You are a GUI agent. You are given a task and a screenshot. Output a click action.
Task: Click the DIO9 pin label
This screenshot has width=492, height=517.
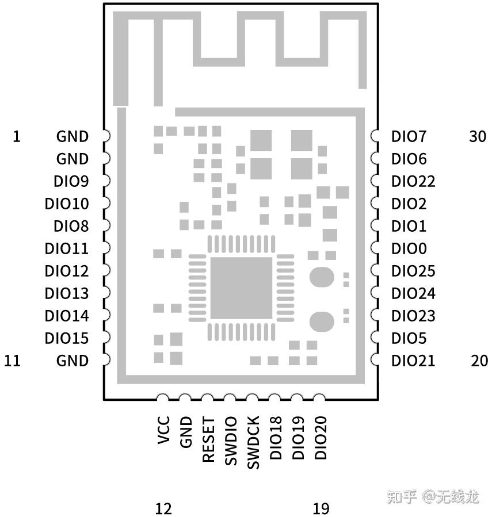[71, 182]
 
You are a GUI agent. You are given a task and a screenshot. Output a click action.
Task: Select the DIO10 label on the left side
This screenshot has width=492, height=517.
[67, 204]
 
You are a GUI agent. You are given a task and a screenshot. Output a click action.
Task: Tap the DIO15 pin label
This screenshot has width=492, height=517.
[67, 339]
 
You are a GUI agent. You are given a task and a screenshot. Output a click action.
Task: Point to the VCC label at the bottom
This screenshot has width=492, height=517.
[163, 431]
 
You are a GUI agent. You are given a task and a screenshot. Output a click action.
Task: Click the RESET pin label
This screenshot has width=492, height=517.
[208, 440]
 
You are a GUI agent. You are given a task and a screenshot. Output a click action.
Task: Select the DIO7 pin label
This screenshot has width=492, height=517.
[409, 137]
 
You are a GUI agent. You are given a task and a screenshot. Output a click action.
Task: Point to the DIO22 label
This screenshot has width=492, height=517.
[413, 182]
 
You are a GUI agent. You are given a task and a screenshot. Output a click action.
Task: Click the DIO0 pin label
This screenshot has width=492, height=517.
[409, 249]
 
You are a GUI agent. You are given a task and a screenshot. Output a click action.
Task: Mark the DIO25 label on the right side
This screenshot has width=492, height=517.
[413, 271]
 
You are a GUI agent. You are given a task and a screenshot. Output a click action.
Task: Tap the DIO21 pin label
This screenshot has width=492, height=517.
[413, 361]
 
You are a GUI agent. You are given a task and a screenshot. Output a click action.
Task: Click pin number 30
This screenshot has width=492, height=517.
[478, 137]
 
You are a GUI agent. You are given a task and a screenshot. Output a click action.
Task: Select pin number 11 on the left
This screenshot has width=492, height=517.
[12, 361]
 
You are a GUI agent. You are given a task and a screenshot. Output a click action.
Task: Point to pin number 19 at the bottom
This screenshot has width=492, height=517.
[321, 508]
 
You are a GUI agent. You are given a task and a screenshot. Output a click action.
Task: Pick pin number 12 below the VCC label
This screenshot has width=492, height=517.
[163, 508]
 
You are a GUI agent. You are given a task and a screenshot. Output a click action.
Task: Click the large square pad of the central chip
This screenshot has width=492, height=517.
[241, 288]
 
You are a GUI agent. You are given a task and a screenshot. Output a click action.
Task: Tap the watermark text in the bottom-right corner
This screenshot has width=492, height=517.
[433, 496]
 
